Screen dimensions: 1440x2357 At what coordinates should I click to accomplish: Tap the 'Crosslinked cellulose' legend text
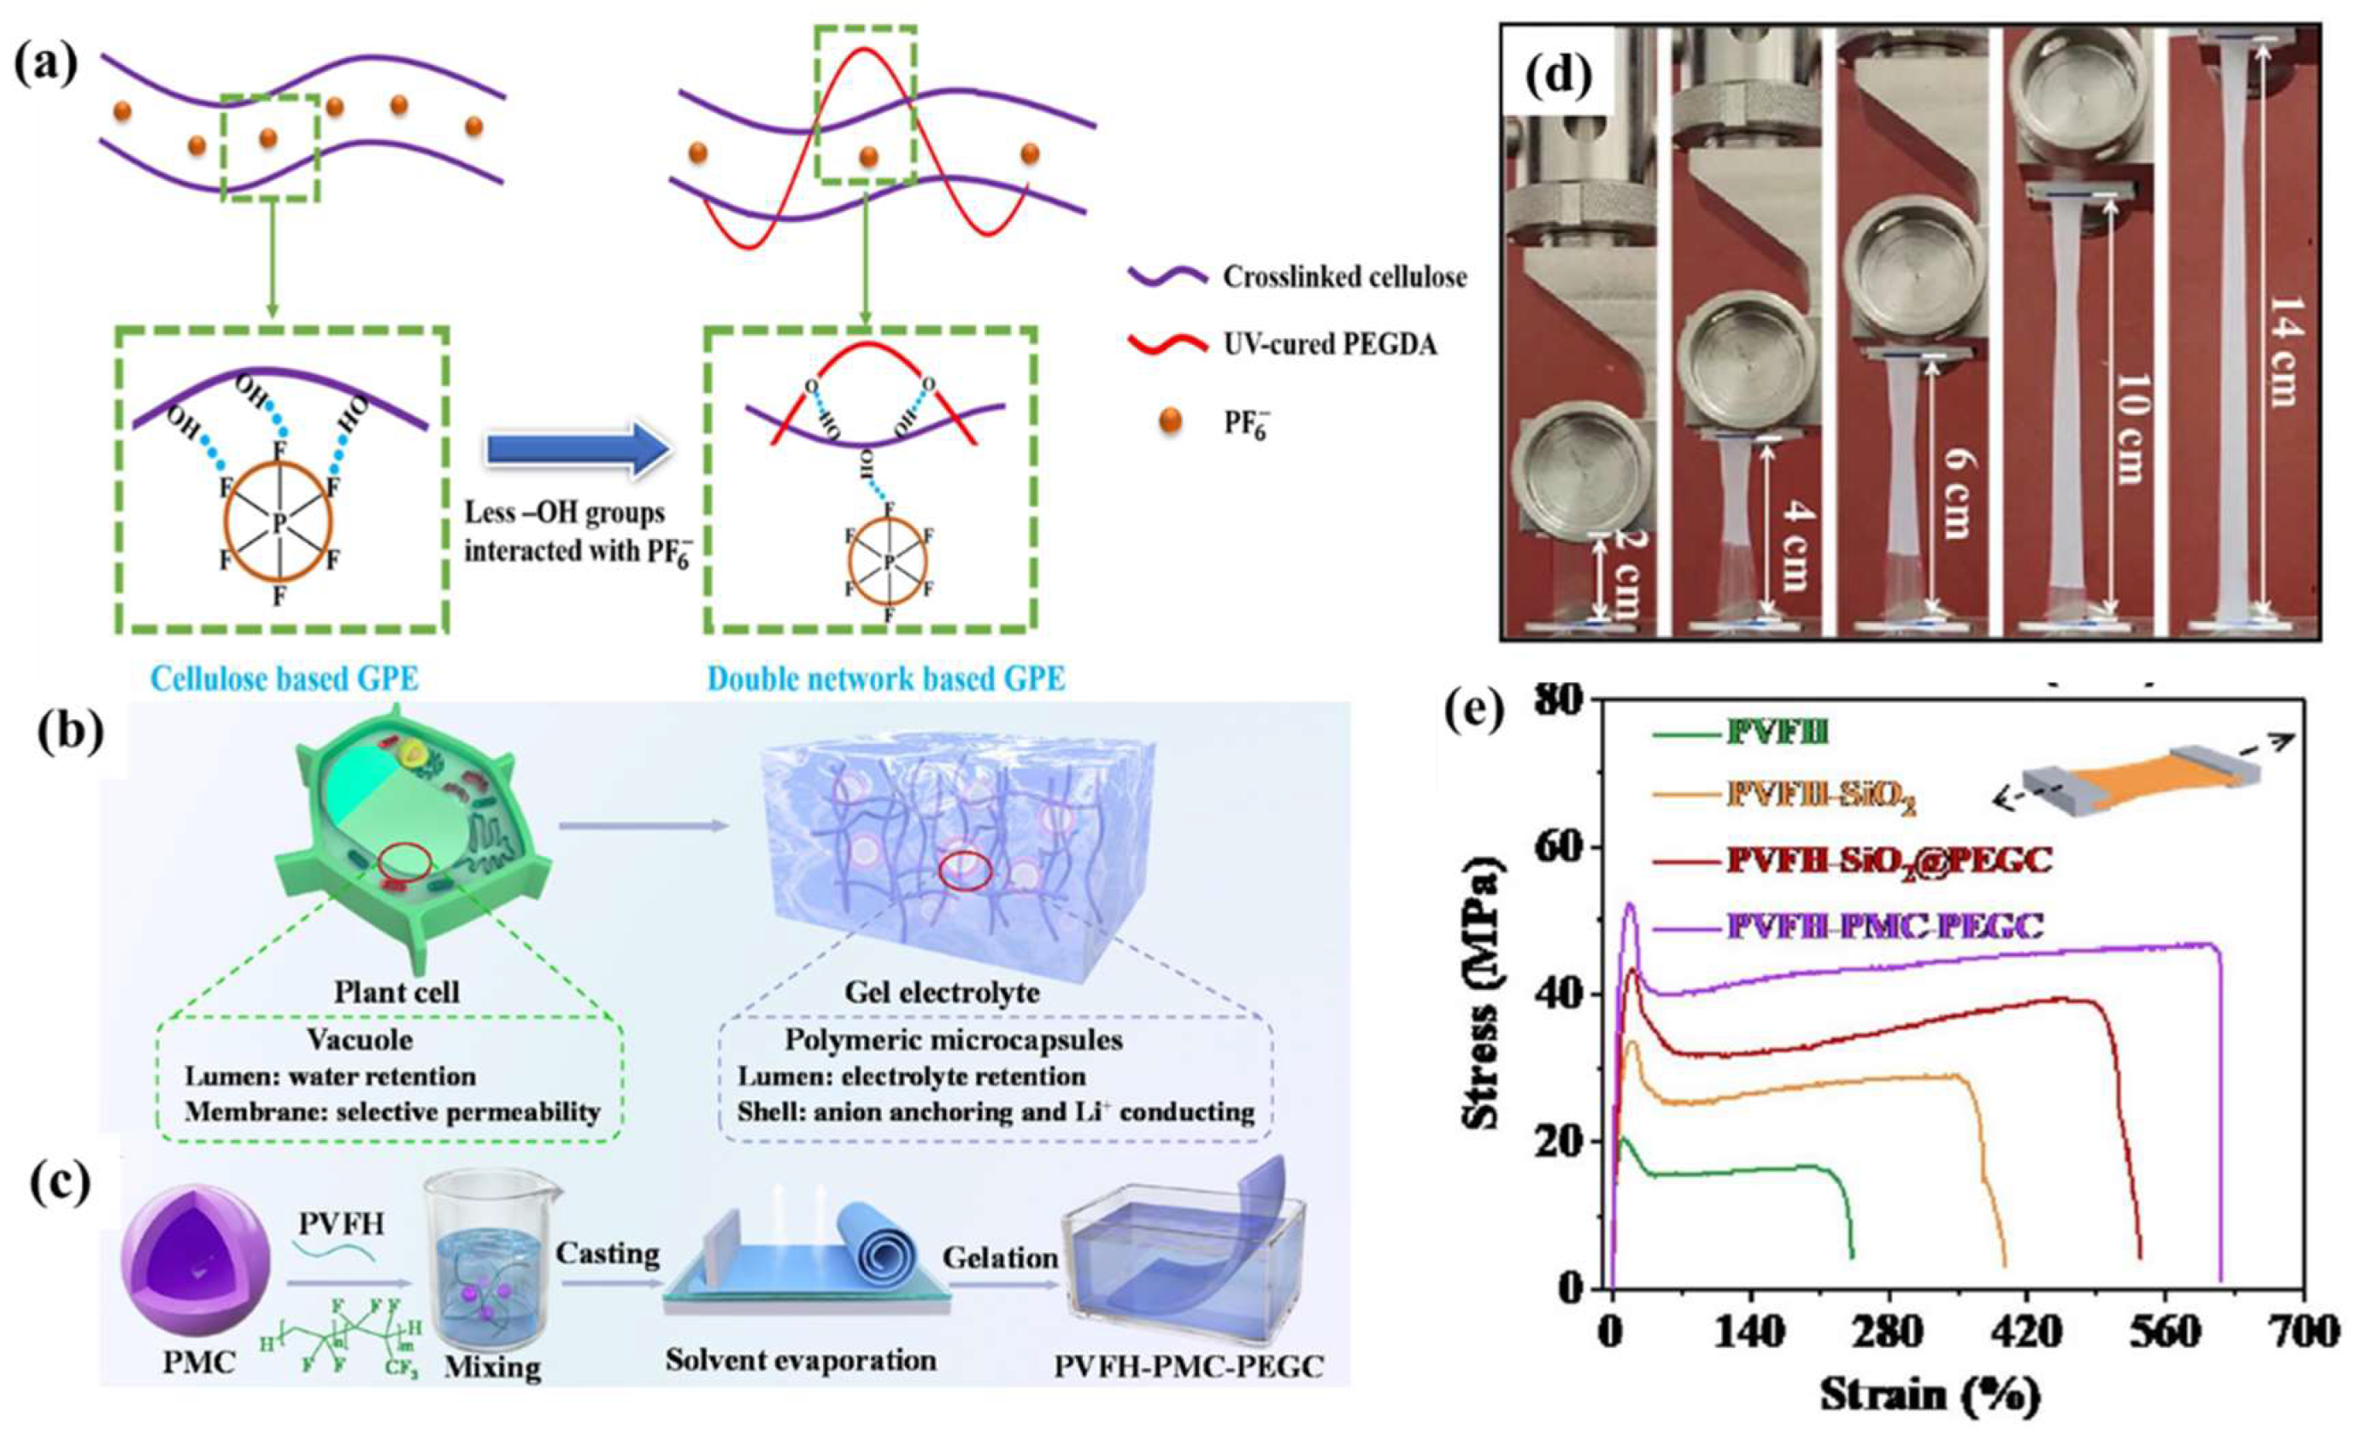pos(1344,278)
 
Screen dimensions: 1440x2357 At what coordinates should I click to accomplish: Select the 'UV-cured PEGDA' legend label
pos(1330,344)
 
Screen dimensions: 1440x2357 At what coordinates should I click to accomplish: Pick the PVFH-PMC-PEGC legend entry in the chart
pos(1884,926)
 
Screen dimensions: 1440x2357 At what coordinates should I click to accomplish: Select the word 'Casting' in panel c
pos(608,1253)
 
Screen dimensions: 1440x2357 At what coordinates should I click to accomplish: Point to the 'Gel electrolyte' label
pos(941,992)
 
